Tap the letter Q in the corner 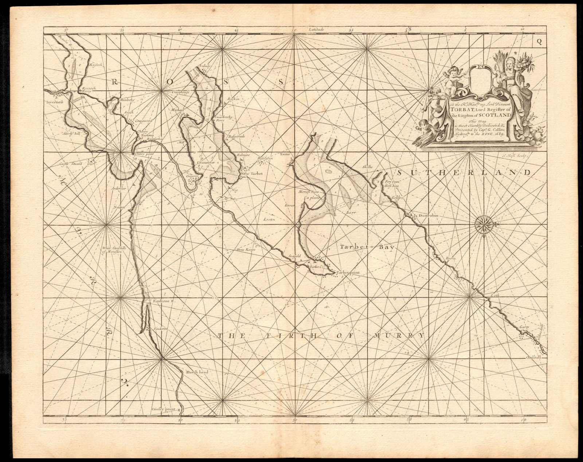pyautogui.click(x=539, y=42)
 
